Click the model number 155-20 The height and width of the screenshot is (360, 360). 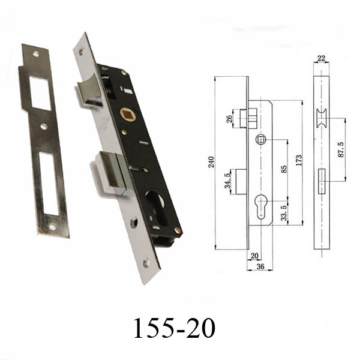click(174, 328)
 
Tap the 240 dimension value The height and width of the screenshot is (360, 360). click(211, 162)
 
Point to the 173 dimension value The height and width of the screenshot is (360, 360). click(299, 160)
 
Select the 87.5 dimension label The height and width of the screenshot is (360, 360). click(341, 149)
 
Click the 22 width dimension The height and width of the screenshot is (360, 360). click(321, 58)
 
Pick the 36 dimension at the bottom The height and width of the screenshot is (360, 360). click(260, 266)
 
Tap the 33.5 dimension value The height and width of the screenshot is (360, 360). click(284, 213)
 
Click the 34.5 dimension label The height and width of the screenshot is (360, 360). click(227, 181)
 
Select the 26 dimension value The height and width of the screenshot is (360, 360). click(229, 119)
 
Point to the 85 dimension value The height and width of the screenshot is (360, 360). click(284, 169)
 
